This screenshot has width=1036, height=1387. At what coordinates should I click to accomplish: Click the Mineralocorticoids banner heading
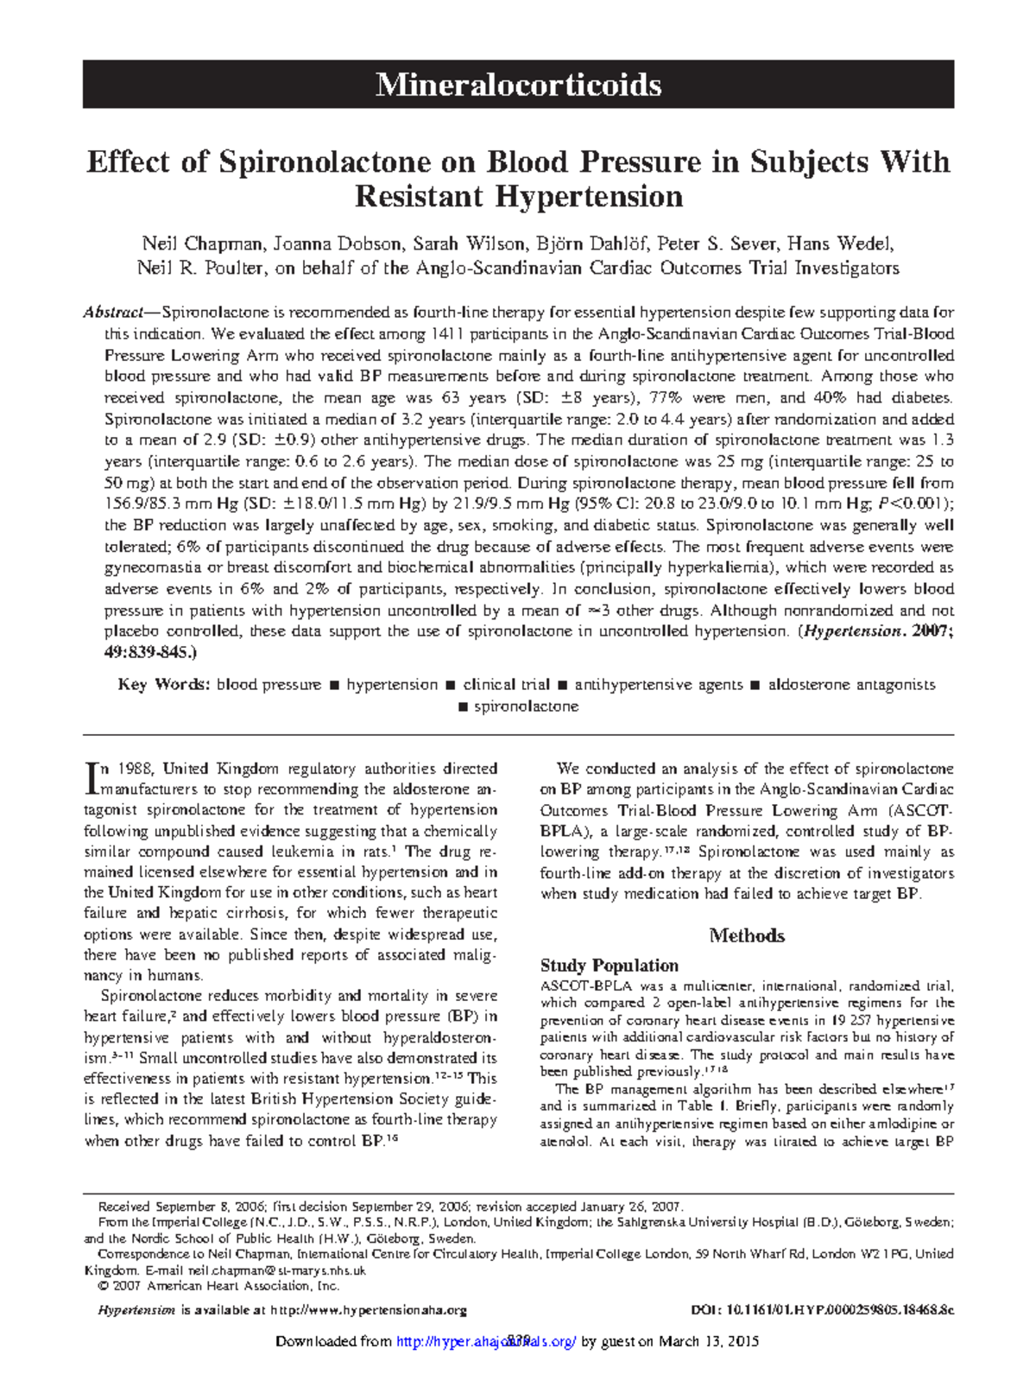coord(518,85)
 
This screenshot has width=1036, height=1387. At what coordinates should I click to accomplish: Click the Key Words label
coord(163,685)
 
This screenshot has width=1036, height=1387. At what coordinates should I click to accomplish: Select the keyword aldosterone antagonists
coord(851,685)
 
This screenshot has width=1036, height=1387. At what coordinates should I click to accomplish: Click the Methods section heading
coord(747,935)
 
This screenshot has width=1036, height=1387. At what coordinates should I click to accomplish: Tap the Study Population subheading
coord(609,966)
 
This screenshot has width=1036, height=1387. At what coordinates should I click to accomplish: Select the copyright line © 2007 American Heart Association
coord(220,1285)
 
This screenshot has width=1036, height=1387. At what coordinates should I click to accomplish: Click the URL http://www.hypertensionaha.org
coord(369,1310)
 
